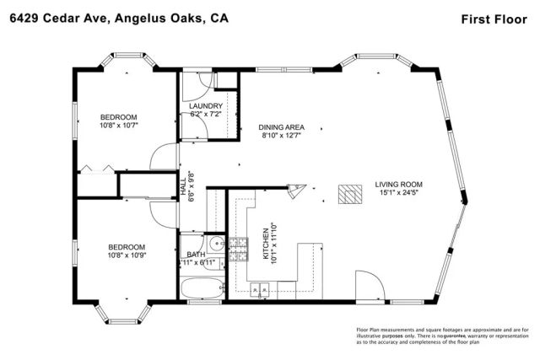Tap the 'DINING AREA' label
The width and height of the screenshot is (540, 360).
click(281, 127)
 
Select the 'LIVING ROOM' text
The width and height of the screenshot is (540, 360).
click(399, 185)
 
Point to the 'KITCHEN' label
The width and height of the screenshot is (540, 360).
click(264, 245)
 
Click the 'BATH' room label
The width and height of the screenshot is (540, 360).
click(196, 254)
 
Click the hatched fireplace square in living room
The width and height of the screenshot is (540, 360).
click(348, 195)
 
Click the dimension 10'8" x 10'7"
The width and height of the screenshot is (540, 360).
click(118, 126)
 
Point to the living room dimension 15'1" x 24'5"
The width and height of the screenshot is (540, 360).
click(399, 193)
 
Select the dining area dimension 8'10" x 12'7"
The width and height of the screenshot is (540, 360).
click(281, 136)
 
